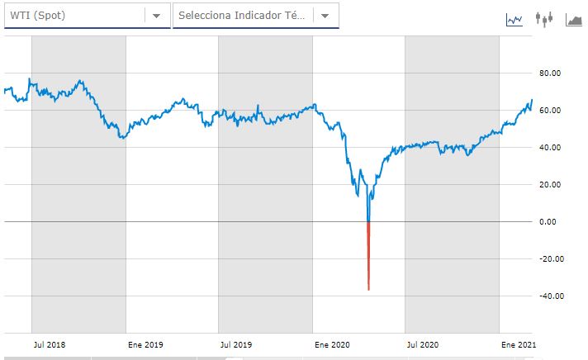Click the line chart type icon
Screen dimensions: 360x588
(514, 18)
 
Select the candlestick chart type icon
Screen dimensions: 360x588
(543, 18)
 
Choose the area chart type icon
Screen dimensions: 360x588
(574, 18)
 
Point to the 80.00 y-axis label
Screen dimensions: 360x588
(550, 73)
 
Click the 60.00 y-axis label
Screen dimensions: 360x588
(550, 111)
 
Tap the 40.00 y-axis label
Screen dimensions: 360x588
(550, 148)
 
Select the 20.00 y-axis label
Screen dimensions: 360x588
(550, 185)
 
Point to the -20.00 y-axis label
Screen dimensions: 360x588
(549, 259)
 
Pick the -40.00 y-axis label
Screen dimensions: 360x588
(549, 296)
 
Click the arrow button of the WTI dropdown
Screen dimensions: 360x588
(156, 16)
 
